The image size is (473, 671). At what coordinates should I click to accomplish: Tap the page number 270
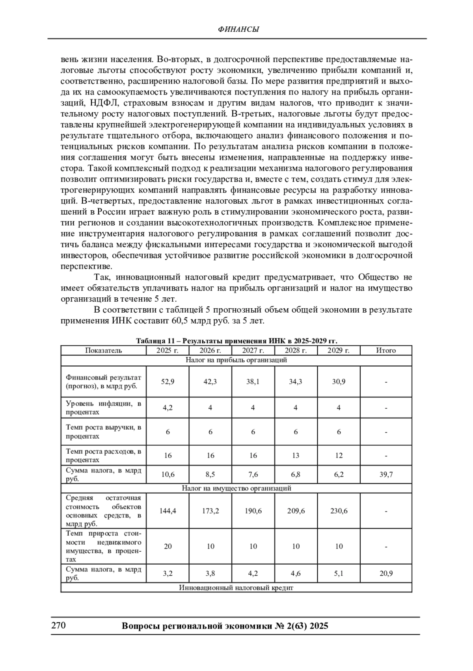point(58,625)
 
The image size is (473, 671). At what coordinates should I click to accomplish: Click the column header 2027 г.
point(253,350)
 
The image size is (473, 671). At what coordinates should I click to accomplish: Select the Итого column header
point(385,350)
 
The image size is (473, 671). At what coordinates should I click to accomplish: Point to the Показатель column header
point(103,350)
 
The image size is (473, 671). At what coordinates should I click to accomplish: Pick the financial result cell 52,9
point(168,382)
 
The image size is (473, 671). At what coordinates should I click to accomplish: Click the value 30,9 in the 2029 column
point(338,382)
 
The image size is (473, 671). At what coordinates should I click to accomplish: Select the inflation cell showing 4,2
point(168,408)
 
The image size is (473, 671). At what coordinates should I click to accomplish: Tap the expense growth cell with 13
point(296,456)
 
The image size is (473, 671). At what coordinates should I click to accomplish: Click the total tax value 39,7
point(385,475)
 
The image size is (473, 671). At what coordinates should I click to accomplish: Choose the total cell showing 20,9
point(385,573)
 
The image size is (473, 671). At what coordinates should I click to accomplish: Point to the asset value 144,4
point(168,511)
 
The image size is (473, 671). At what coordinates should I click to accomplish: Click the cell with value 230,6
point(338,511)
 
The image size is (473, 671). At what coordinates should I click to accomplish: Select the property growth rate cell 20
point(168,546)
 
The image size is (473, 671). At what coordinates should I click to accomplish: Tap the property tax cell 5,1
point(338,573)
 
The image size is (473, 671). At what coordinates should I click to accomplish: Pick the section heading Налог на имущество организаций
point(236,488)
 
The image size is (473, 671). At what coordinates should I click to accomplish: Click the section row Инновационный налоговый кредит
point(236,588)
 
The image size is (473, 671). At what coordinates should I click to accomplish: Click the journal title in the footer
point(225,626)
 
